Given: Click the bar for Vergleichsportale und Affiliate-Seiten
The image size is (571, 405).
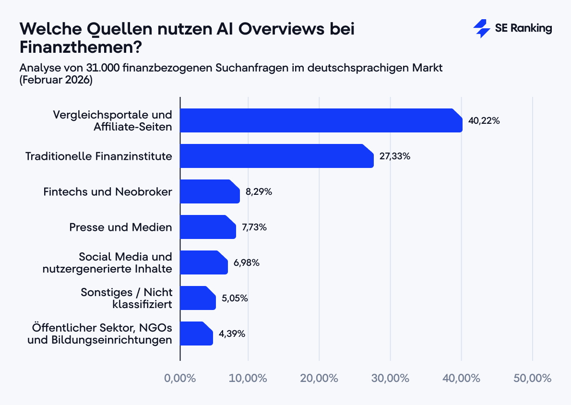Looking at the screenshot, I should (x=321, y=120).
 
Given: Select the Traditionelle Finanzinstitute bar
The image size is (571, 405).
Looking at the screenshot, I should (x=276, y=156).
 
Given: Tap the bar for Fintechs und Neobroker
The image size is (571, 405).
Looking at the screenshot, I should (x=210, y=191).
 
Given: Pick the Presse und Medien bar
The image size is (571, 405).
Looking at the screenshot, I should (x=208, y=227).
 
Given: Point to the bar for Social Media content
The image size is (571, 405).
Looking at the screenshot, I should (x=203, y=262).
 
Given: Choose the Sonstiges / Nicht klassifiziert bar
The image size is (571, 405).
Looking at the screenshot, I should (x=198, y=298).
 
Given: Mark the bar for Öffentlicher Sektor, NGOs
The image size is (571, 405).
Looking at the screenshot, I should (x=196, y=334).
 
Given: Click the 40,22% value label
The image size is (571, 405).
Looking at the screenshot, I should (x=484, y=121).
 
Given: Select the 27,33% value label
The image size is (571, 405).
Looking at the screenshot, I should (x=394, y=156).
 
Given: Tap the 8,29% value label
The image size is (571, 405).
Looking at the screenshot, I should (x=259, y=192).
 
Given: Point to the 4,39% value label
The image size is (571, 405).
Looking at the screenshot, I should (x=232, y=334).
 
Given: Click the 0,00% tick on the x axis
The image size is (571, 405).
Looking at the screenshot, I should (x=180, y=378).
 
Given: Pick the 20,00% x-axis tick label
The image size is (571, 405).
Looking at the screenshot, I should (x=320, y=378).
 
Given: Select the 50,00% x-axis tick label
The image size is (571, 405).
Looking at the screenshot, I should (x=532, y=378).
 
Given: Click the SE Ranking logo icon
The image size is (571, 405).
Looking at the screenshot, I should (x=481, y=29).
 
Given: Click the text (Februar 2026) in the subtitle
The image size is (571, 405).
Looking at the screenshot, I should (x=56, y=80).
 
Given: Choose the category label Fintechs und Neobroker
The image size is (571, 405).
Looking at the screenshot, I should (x=107, y=192).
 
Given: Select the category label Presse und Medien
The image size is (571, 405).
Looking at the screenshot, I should (x=120, y=227).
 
